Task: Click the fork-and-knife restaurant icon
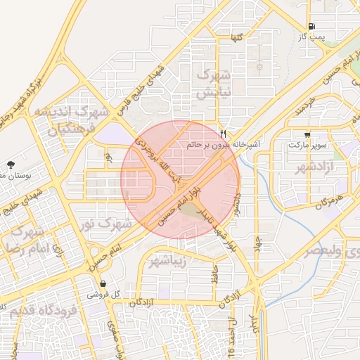(223, 133)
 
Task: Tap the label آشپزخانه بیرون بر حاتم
(224, 143)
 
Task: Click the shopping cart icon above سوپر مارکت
(307, 134)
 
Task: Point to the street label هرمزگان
(316, 204)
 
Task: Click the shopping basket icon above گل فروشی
(104, 285)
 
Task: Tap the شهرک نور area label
(105, 224)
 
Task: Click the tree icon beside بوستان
(10, 164)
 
